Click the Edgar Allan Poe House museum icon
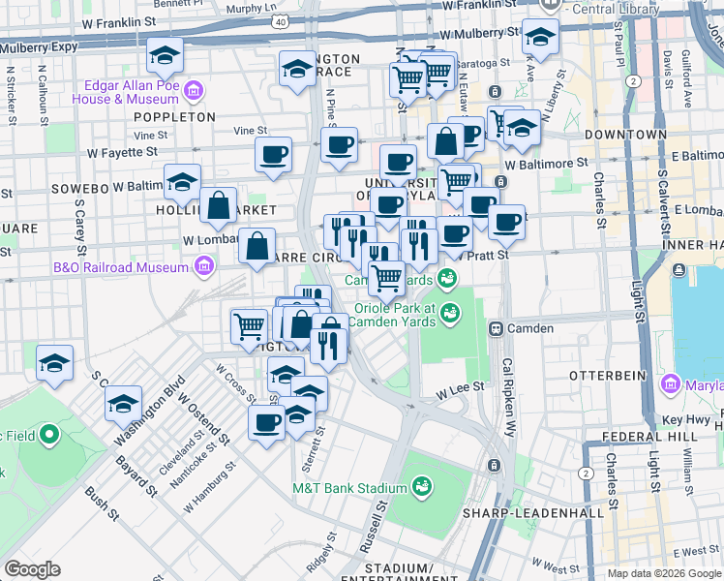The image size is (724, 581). pyautogui.click(x=194, y=92)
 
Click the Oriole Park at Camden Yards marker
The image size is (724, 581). pyautogui.click(x=448, y=312)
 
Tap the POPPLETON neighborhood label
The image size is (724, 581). pyautogui.click(x=175, y=116)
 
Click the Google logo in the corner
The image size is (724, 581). pyautogui.click(x=32, y=569)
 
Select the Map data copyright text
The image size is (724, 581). pyautogui.click(x=663, y=573)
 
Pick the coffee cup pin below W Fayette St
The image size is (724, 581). pyautogui.click(x=273, y=156)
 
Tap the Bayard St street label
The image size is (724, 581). pyautogui.click(x=144, y=475)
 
